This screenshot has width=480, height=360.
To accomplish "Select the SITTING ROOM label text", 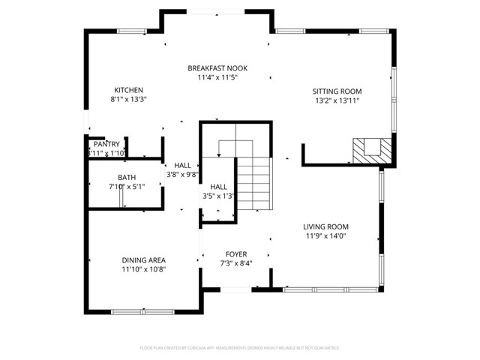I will [337, 91].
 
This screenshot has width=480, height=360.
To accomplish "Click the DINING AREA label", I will [143, 260].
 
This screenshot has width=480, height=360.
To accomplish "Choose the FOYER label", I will [236, 254].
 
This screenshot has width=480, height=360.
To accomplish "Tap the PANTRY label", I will [106, 144].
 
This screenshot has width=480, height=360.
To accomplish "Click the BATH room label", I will [126, 177].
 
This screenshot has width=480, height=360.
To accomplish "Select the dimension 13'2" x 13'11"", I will [337, 100].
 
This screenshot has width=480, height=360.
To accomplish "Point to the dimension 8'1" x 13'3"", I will [128, 99].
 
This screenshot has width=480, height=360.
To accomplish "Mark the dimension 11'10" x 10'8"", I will [143, 269].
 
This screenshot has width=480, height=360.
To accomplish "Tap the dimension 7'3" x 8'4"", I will [236, 263].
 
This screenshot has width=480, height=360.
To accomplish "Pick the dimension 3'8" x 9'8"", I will [182, 174].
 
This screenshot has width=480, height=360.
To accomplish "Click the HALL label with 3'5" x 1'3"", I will [218, 187].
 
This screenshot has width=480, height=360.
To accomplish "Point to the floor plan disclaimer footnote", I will [240, 348].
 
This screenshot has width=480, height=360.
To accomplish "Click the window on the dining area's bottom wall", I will [142, 310].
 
